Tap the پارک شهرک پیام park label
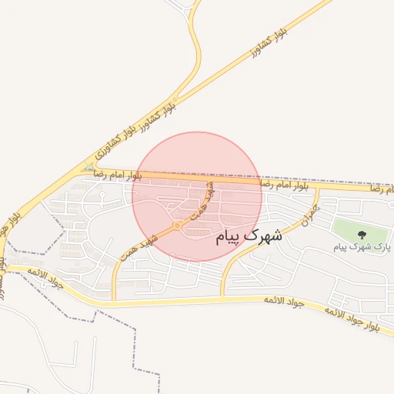pos(361,247)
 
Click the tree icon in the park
pos(362,233)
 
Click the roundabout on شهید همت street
pos(178,225)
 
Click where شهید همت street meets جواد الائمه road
pos(115,299)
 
